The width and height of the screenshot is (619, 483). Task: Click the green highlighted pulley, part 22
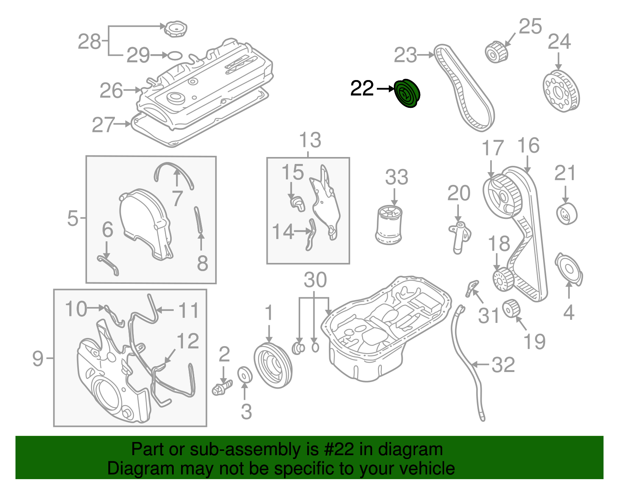click(x=407, y=93)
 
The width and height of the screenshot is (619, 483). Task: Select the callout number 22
click(x=362, y=89)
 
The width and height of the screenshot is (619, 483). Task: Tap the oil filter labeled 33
click(x=389, y=225)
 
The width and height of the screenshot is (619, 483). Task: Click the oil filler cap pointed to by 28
click(x=176, y=29)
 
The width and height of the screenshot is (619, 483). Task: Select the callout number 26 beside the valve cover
click(x=111, y=91)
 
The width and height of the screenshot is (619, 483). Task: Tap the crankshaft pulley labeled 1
click(x=273, y=365)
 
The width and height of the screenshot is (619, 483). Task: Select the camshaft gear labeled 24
click(x=561, y=91)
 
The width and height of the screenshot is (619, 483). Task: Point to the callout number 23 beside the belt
click(x=405, y=55)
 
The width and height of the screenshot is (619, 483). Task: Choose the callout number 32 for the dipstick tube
click(x=503, y=365)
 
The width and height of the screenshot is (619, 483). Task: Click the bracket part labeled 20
click(x=459, y=236)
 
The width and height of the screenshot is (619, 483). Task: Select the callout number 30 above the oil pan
click(x=315, y=280)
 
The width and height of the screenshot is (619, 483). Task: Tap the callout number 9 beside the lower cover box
click(x=38, y=358)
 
